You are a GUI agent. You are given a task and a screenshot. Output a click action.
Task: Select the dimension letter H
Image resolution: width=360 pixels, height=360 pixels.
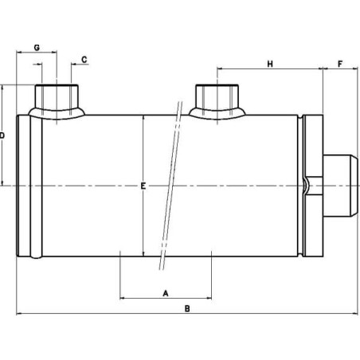(x=270, y=63)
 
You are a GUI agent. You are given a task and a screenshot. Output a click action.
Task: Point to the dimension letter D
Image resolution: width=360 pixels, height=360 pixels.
(x=3, y=136)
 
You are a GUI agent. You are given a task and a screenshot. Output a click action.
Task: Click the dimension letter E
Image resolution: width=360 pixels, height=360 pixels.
(x=142, y=186)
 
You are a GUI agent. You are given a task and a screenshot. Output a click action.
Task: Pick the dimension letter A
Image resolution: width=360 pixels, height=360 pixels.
(x=166, y=292)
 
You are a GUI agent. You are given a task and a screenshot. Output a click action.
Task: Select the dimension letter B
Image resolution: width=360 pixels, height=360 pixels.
(x=187, y=307)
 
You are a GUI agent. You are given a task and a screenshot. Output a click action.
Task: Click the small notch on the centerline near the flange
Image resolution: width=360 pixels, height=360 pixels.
(x=307, y=186)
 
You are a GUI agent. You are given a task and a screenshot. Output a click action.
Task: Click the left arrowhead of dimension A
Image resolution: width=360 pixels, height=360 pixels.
(x=122, y=299)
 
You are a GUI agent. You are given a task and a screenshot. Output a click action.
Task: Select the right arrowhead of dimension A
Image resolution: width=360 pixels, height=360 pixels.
(x=208, y=299)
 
